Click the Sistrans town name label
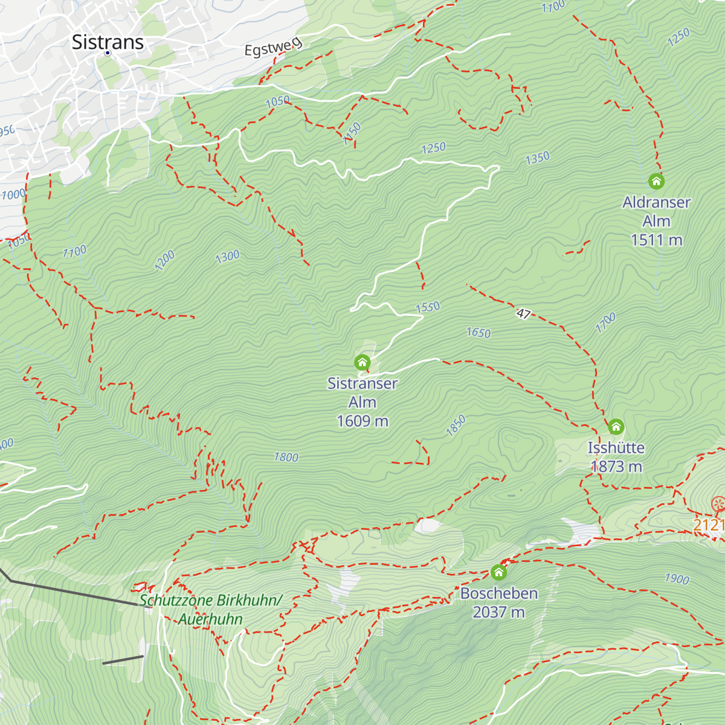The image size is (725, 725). click(108, 42)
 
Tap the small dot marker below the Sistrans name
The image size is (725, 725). click(108, 53)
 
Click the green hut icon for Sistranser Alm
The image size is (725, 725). click(362, 362)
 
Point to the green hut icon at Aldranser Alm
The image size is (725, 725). click(656, 181)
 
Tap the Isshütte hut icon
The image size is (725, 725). click(616, 427)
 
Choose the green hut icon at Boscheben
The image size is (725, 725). click(498, 572)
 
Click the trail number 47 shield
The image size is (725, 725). click(524, 314)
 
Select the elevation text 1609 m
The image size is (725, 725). click(362, 421)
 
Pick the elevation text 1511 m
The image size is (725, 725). click(656, 240)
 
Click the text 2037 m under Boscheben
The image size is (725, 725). click(498, 612)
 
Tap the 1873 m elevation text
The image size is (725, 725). click(616, 466)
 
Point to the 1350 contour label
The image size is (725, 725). click(537, 158)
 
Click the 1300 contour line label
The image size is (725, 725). click(228, 257)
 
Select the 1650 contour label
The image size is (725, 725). click(478, 332)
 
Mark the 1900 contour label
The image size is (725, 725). click(677, 579)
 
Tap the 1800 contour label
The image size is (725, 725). click(286, 457)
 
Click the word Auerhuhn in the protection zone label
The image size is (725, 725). click(210, 619)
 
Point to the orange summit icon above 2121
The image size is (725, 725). click(718, 503)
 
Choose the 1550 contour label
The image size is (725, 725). click(428, 307)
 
